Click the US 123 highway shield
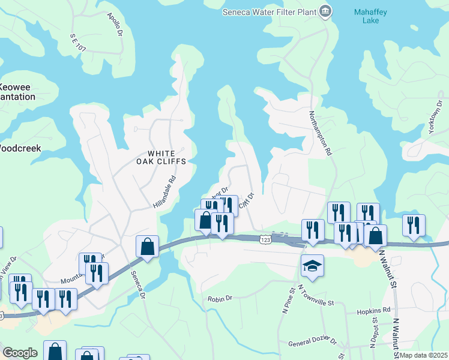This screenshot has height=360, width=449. (x=265, y=239)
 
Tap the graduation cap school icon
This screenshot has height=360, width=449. (x=312, y=265)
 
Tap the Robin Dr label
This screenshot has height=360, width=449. (x=219, y=299)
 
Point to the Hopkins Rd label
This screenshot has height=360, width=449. (x=377, y=310)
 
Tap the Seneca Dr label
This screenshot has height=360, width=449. (x=137, y=284)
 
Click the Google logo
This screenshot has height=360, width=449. (x=20, y=352)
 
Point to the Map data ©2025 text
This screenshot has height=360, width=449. (x=423, y=355)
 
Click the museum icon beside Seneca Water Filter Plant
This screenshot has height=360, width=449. (x=325, y=10)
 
